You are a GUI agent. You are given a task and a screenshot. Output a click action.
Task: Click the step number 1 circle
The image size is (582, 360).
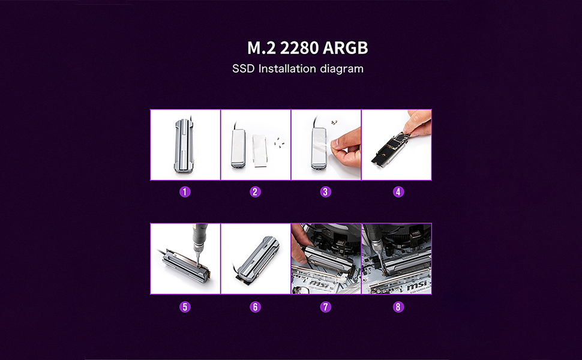[185, 192]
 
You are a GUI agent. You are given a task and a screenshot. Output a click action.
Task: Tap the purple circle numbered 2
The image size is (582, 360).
[256, 192]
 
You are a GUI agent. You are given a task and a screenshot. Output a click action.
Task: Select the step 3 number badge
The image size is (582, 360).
[326, 192]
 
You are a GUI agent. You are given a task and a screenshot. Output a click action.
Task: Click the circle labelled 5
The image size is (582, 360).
[185, 307]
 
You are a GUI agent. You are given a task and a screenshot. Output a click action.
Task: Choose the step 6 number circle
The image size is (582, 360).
[256, 307]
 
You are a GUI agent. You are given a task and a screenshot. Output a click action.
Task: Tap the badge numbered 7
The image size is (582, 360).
[326, 307]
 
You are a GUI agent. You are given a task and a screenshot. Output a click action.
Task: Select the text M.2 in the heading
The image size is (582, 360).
[260, 48]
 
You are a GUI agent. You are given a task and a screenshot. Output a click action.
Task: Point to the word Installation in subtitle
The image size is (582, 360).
[287, 68]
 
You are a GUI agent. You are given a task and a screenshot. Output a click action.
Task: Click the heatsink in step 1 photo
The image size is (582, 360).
[185, 145]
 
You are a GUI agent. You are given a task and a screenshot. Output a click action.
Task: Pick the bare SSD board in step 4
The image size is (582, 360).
[390, 150]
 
